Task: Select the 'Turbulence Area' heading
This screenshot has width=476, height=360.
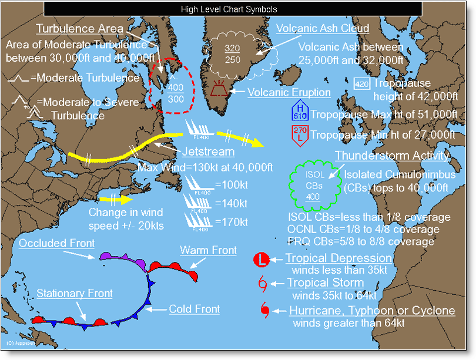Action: (x=80, y=29)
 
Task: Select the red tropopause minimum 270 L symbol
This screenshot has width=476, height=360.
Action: (x=300, y=133)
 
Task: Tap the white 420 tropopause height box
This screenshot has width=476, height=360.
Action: (x=361, y=83)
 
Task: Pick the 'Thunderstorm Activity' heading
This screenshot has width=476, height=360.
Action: (x=393, y=156)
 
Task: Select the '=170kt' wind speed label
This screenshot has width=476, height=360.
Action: (x=231, y=222)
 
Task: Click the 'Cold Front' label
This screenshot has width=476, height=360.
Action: (x=195, y=309)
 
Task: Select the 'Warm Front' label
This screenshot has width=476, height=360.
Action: (x=208, y=251)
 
